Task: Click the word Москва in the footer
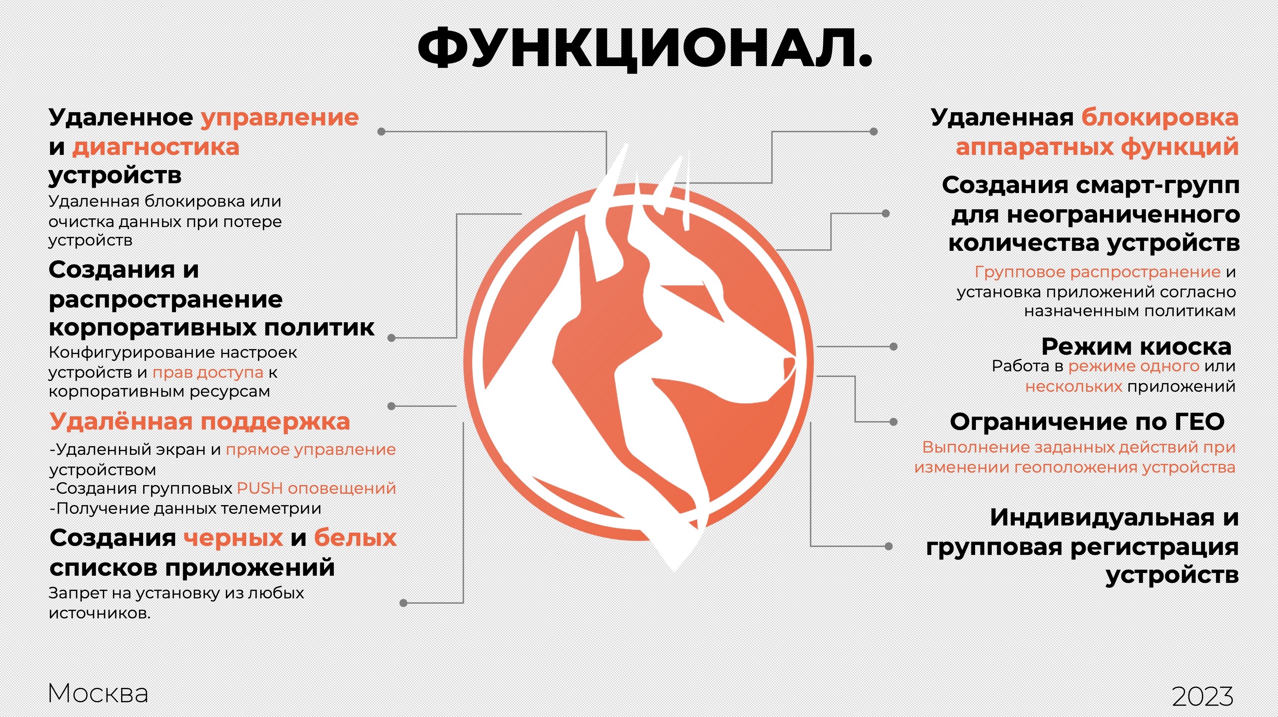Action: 98,693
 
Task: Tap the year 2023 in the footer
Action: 1202,696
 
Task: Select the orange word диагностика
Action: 156,147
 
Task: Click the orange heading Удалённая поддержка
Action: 200,422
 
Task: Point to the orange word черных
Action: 233,538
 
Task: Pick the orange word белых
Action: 355,538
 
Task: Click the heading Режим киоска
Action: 1136,346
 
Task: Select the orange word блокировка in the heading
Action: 1160,117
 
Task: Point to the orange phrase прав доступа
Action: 208,372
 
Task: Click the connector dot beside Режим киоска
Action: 894,346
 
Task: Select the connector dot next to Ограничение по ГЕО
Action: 894,422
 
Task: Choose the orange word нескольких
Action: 1074,386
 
